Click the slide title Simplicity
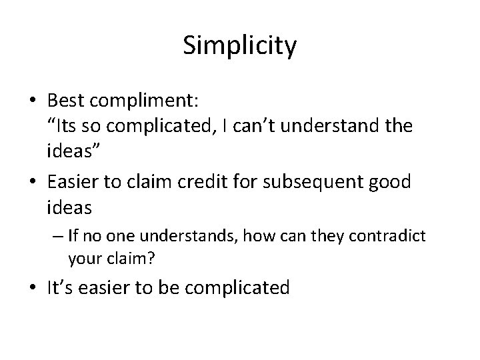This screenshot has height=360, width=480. tap(239, 47)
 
